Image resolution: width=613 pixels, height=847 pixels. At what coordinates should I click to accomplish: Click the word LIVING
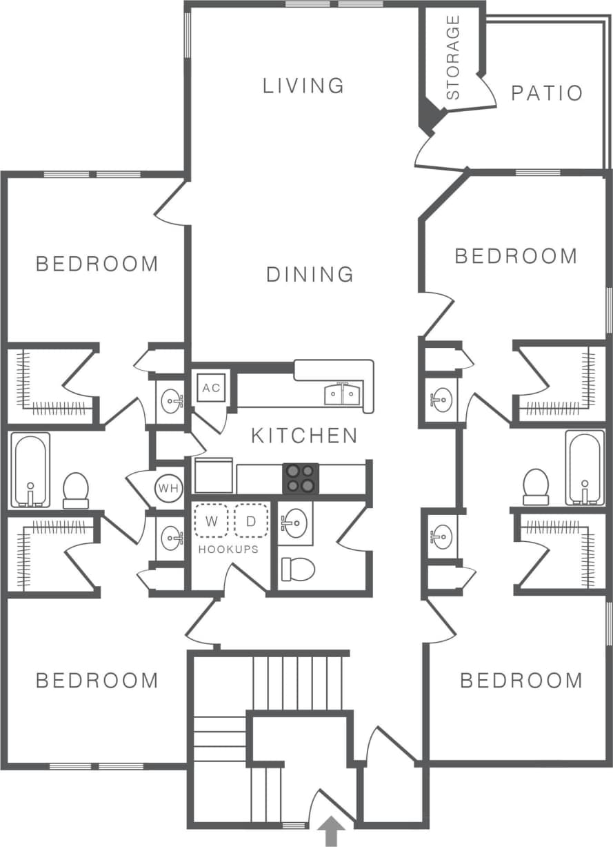click(303, 86)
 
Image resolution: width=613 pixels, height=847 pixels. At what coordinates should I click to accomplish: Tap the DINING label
click(310, 274)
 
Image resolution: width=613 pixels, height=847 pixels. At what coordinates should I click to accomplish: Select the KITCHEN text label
click(304, 436)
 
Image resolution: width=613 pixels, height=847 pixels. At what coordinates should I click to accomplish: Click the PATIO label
click(547, 93)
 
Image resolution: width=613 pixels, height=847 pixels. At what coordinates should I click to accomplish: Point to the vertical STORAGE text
click(453, 58)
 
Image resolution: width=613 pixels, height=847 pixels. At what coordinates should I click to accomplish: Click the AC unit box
click(211, 388)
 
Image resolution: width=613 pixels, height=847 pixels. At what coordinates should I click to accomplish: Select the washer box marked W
click(212, 521)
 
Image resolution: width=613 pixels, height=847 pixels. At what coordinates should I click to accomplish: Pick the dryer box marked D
click(251, 521)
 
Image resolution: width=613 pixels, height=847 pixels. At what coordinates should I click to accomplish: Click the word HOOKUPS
click(228, 549)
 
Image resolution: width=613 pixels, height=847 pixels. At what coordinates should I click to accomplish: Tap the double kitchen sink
click(343, 395)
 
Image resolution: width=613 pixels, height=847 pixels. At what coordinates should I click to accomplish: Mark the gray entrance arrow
click(332, 831)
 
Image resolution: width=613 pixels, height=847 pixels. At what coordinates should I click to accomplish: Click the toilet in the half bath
click(298, 569)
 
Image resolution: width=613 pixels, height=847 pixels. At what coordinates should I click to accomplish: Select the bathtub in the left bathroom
click(30, 470)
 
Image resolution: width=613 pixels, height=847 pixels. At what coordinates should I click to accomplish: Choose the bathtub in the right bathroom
click(584, 468)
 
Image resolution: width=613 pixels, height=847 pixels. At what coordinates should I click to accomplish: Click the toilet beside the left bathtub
click(76, 489)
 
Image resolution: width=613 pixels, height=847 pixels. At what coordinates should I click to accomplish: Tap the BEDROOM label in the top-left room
click(97, 264)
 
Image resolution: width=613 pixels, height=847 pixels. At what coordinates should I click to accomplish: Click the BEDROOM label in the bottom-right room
click(521, 681)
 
